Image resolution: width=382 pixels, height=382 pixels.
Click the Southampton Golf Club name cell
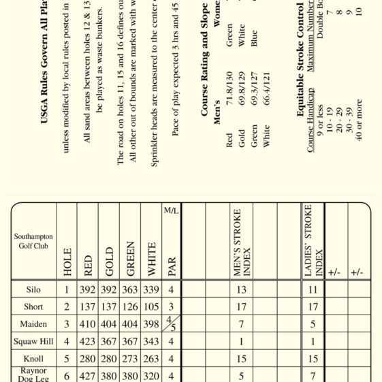coord(33,241)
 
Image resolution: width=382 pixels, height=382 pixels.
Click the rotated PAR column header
coord(172,263)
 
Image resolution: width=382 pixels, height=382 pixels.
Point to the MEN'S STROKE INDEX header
coord(242,242)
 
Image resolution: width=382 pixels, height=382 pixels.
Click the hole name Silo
coord(33,289)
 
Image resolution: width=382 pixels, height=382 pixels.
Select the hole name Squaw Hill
coord(33,341)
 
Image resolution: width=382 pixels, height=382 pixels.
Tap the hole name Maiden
coord(33,324)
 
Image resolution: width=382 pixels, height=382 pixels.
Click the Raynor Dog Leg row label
coord(33,375)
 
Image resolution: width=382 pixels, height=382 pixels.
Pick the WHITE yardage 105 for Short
coord(151,307)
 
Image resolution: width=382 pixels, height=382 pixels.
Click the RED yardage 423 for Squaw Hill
coord(88,342)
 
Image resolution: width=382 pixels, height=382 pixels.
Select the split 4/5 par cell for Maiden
coord(171,324)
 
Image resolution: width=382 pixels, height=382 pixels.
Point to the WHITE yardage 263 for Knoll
coord(151,359)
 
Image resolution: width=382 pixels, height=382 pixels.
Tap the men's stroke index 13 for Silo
coord(242,290)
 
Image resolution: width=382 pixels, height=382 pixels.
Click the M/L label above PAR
coord(171,210)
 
